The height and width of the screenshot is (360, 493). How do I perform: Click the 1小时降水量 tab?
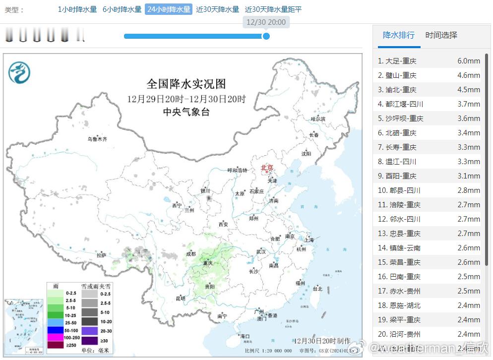(77, 9)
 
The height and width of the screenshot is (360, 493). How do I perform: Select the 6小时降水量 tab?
(122, 9)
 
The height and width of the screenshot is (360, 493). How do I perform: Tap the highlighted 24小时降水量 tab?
(168, 9)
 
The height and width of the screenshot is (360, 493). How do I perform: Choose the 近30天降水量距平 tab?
(273, 9)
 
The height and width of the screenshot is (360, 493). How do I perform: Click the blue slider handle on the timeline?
(266, 36)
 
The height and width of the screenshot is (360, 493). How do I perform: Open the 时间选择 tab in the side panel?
(441, 35)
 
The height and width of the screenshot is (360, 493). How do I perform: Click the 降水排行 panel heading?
(399, 35)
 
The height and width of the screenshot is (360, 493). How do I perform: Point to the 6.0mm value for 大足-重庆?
(468, 61)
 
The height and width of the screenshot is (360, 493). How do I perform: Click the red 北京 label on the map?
(267, 168)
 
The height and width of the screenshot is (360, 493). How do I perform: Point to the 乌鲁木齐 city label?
(97, 139)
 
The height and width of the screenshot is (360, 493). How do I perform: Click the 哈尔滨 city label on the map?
(318, 119)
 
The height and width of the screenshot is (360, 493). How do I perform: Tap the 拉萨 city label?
(101, 255)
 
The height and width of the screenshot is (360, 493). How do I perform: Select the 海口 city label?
(244, 336)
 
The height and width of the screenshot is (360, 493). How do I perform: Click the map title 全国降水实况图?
(186, 83)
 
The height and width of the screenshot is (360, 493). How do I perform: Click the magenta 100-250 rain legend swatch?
(55, 337)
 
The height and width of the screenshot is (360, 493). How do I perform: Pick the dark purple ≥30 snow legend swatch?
(89, 340)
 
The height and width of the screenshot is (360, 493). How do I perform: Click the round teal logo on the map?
(19, 73)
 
